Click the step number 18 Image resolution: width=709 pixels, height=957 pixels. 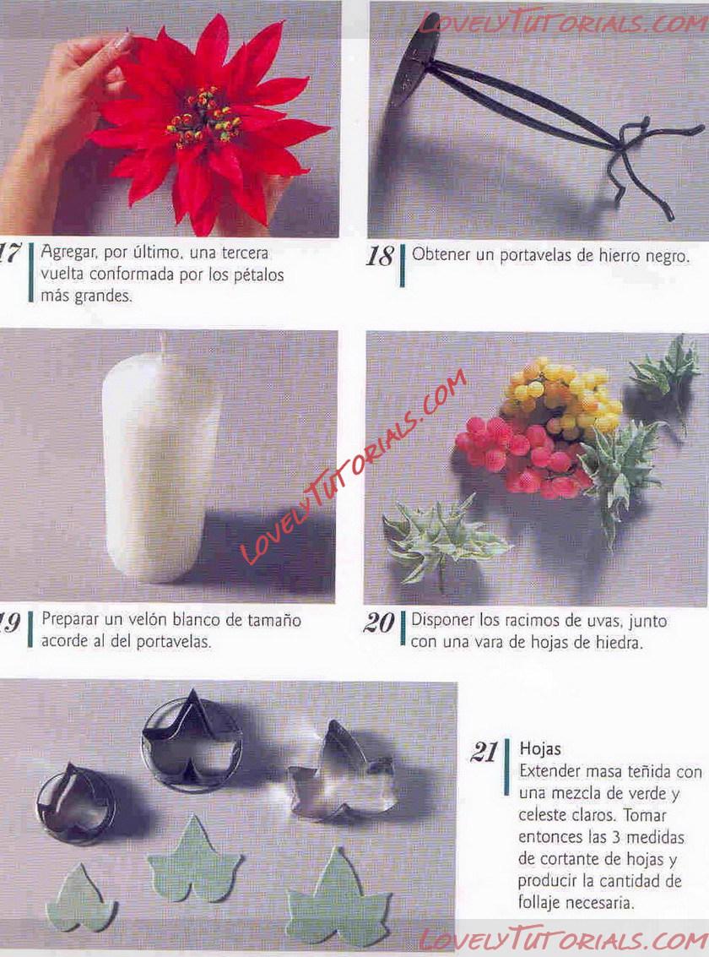[x=379, y=257]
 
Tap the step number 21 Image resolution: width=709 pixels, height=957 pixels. [x=484, y=753]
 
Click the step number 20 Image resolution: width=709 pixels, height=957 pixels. [x=379, y=623]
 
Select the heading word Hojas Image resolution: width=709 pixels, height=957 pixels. [x=540, y=749]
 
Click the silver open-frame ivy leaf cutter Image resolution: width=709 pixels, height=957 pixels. [x=341, y=771]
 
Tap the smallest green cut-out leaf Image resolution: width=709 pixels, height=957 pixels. [x=80, y=897]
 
